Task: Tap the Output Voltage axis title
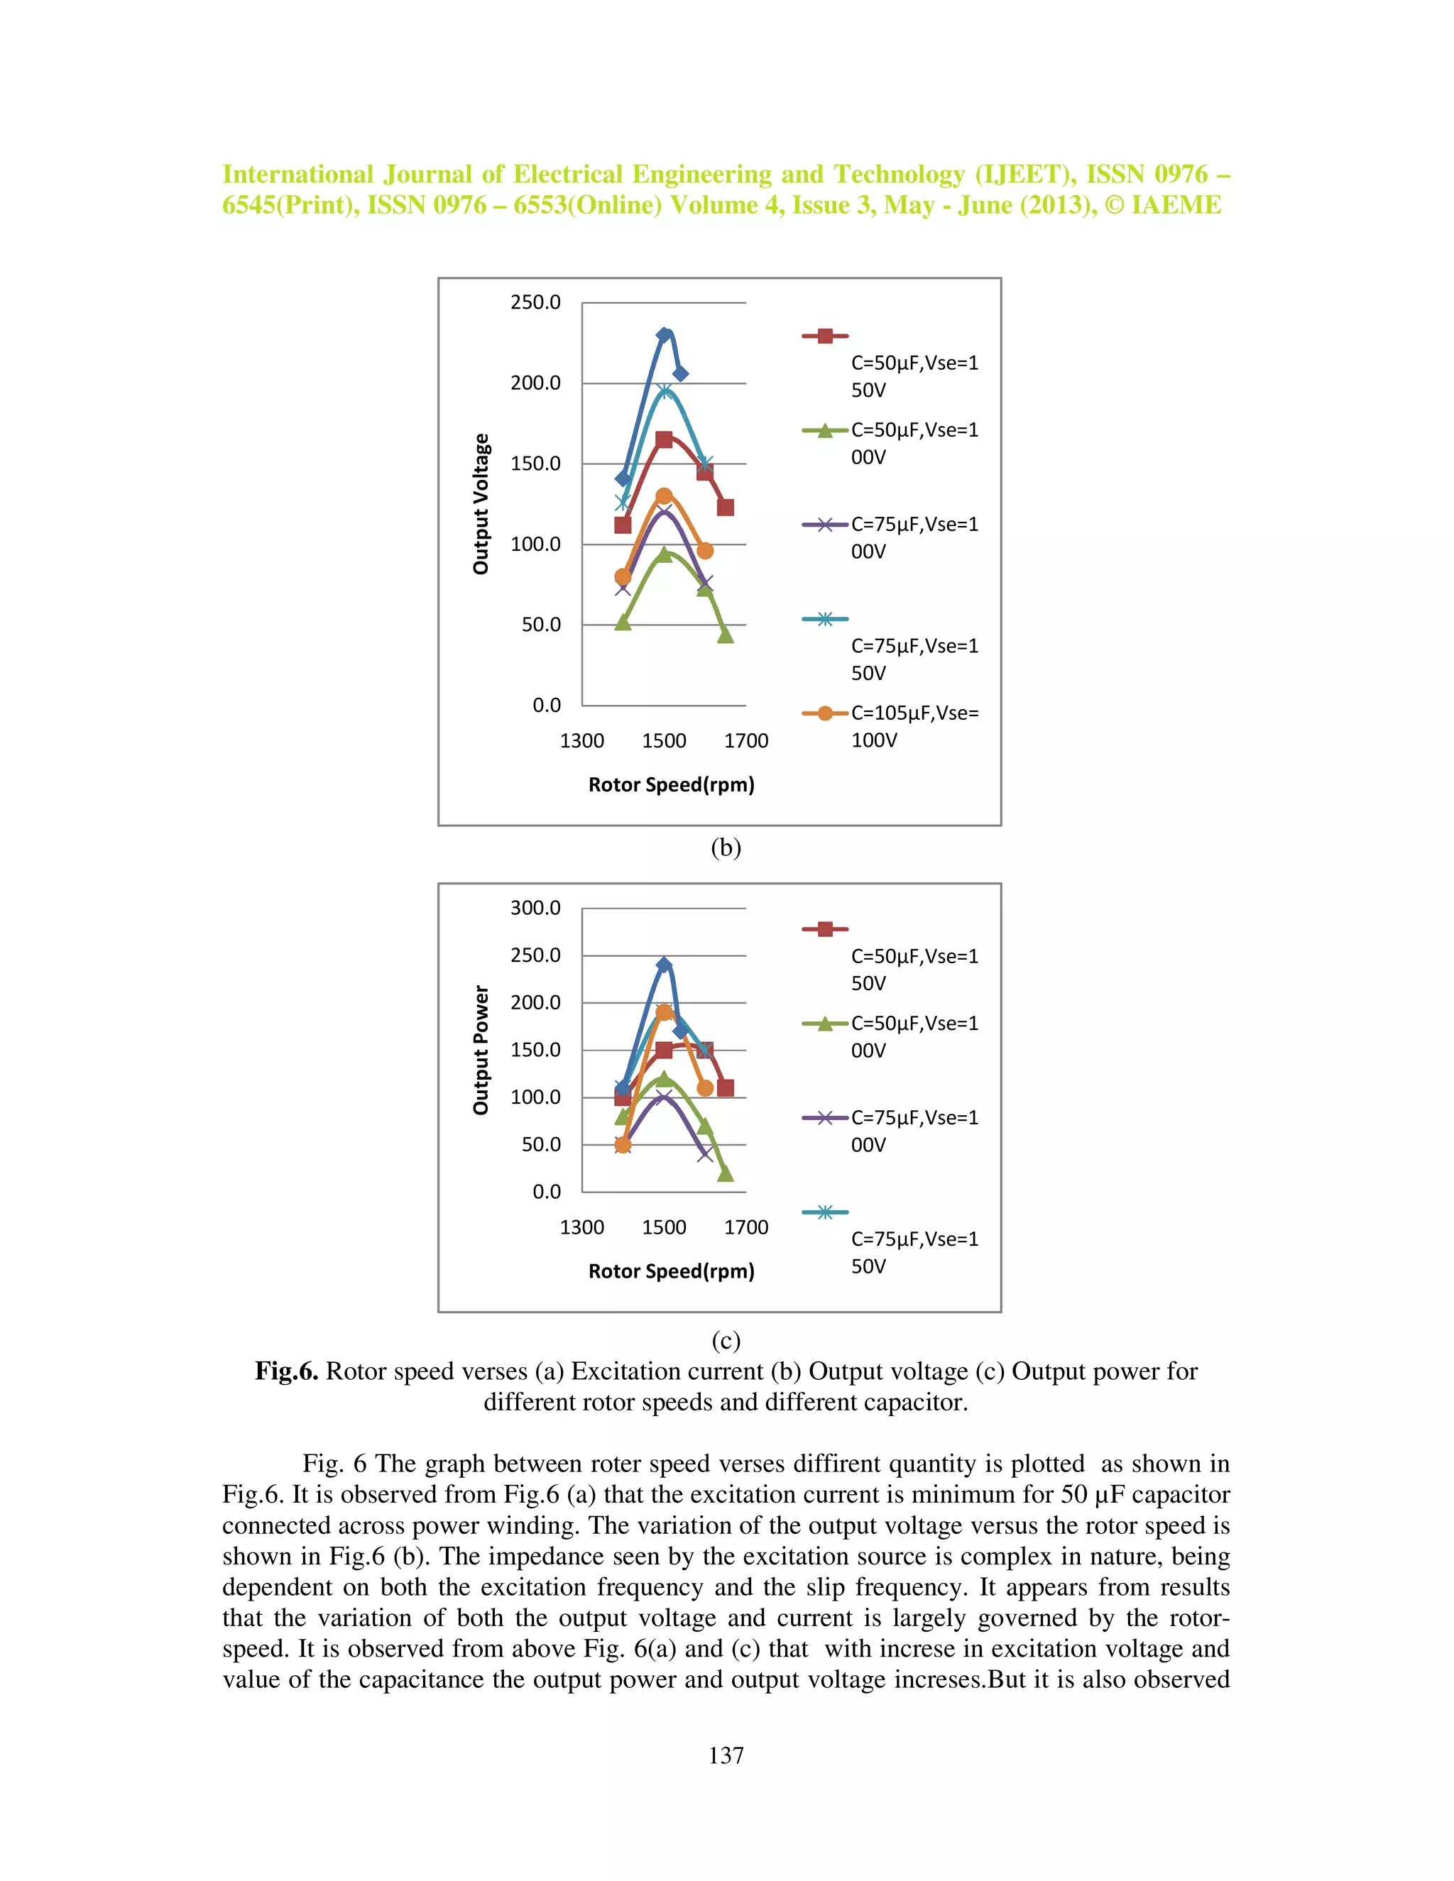481,504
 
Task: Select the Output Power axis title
481,1050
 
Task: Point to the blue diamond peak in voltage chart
664,335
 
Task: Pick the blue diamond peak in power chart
663,965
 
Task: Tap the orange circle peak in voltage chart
663,496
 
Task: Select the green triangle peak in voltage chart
663,554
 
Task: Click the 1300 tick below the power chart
581,1227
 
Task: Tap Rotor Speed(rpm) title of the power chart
671,1271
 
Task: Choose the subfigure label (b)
726,848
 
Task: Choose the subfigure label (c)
726,1340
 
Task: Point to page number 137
726,1755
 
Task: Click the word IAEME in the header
1175,205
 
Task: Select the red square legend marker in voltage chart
824,336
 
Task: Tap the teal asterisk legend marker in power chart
824,1212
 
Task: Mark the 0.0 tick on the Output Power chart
546,1192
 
